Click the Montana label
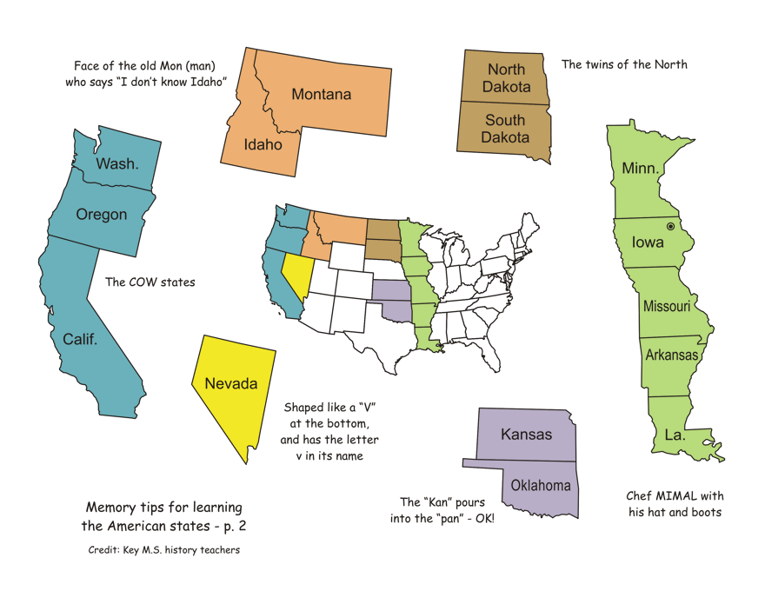pyautogui.click(x=321, y=94)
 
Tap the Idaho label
pyautogui.click(x=263, y=144)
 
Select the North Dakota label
pyautogui.click(x=506, y=78)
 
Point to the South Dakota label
pyautogui.click(x=505, y=129)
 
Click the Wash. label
pyautogui.click(x=116, y=163)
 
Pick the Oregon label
pyautogui.click(x=102, y=214)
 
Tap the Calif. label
pyautogui.click(x=80, y=339)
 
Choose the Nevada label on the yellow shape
pyautogui.click(x=231, y=383)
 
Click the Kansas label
pyautogui.click(x=526, y=434)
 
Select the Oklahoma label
pyautogui.click(x=540, y=485)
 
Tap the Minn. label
pyautogui.click(x=640, y=168)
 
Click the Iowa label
pyautogui.click(x=648, y=242)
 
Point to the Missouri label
pyautogui.click(x=667, y=306)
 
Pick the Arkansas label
pyautogui.click(x=671, y=355)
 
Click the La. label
pyautogui.click(x=675, y=435)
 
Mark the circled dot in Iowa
pyautogui.click(x=670, y=226)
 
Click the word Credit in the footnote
pyautogui.click(x=104, y=549)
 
